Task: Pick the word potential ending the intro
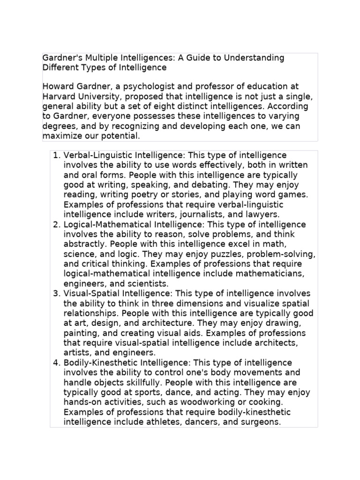(x=120, y=136)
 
